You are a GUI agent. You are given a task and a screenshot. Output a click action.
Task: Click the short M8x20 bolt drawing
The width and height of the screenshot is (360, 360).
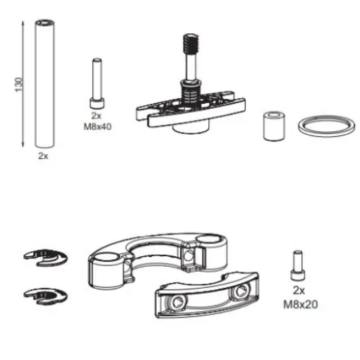coord(298,267)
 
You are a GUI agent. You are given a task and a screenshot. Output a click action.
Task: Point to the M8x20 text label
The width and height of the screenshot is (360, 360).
coord(299,304)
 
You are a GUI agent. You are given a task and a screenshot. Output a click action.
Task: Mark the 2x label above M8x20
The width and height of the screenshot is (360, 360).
coord(299,291)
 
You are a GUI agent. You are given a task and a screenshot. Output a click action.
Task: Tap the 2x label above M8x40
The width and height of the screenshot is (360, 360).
coord(97,114)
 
